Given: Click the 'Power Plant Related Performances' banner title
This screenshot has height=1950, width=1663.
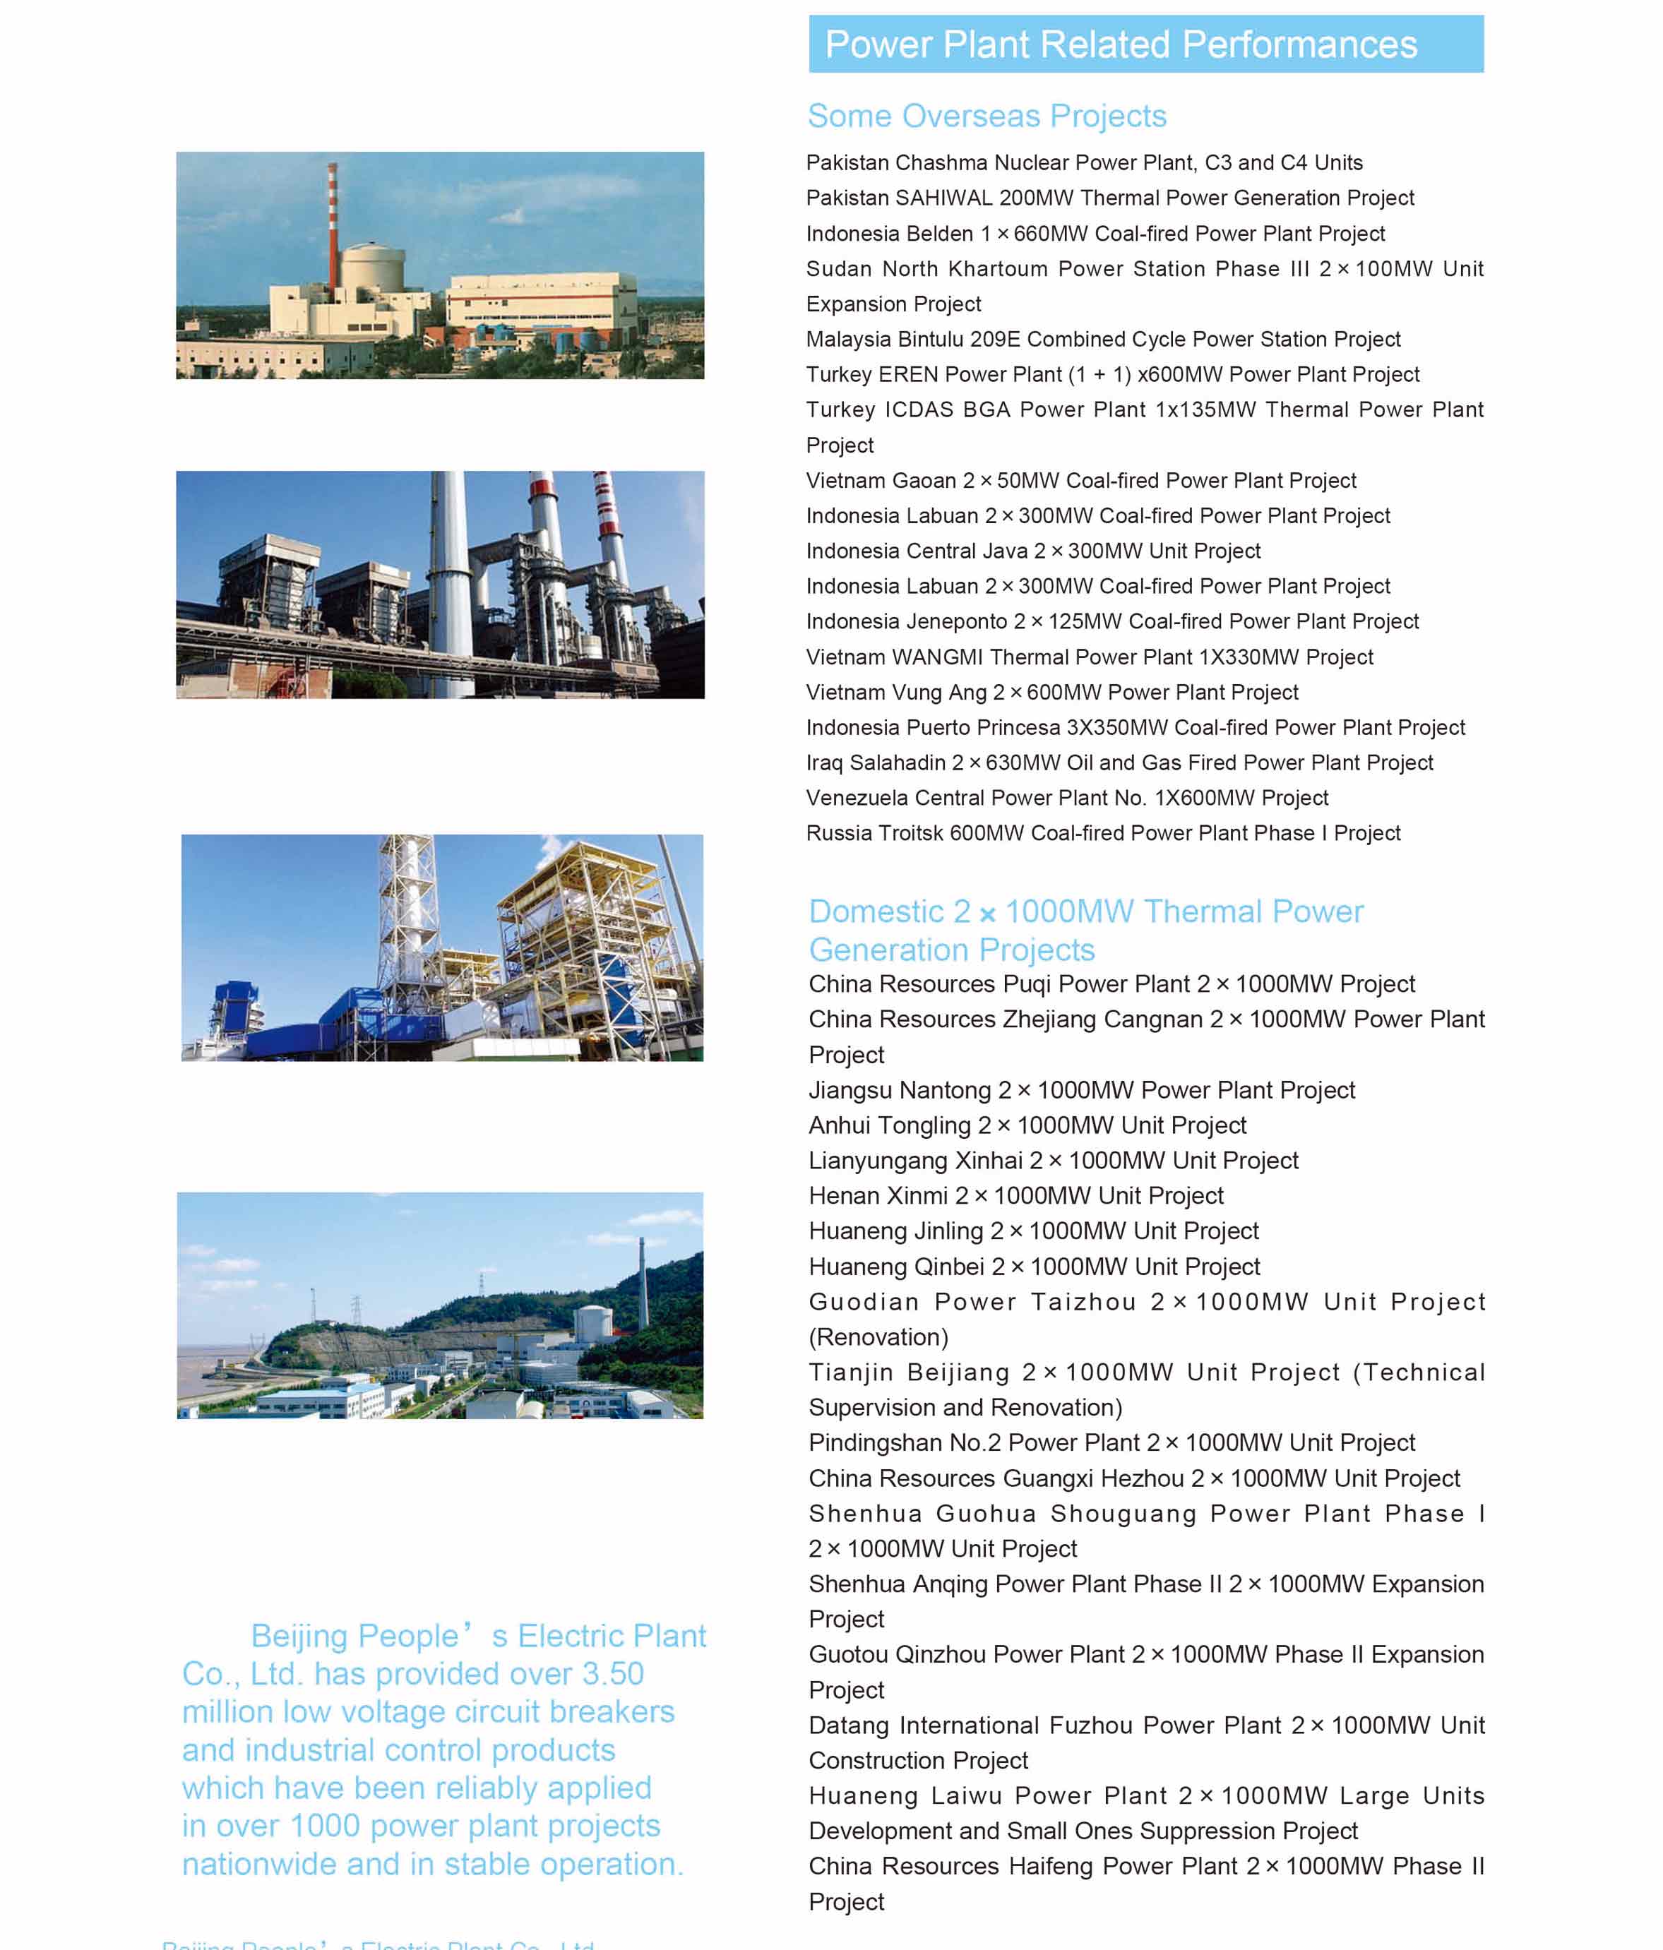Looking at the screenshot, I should (1120, 45).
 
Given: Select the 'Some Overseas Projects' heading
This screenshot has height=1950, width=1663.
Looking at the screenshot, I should (987, 116).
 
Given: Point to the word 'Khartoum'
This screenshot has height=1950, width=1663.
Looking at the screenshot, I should (998, 269).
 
